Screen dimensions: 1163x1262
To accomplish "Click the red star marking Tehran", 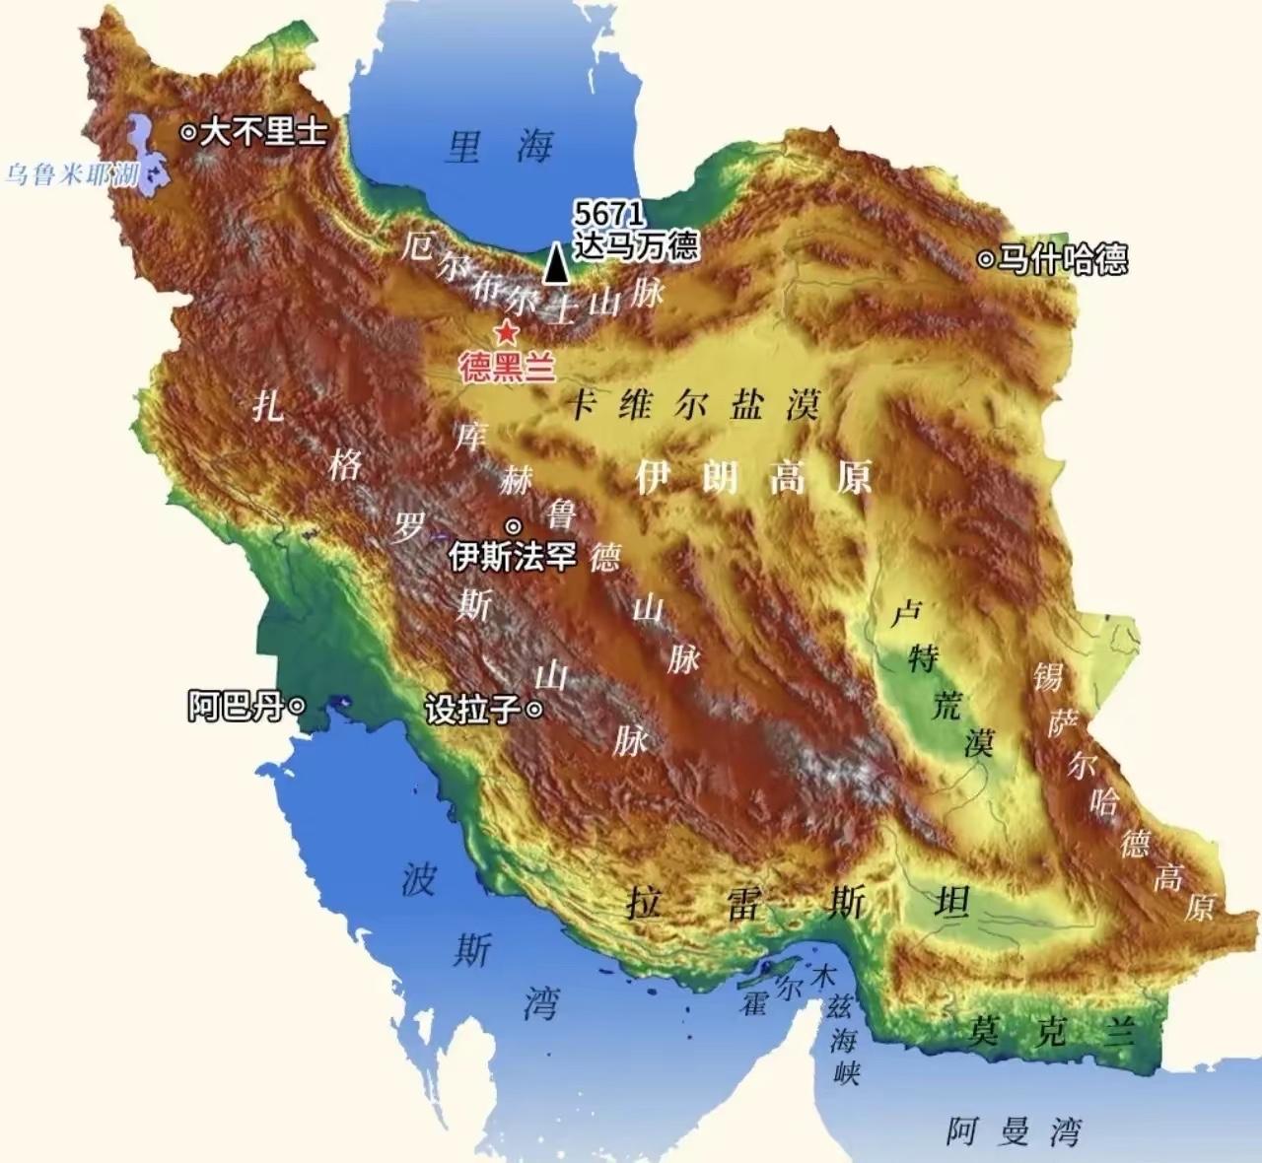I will pos(507,332).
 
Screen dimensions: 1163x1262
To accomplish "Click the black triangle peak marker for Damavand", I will pos(557,263).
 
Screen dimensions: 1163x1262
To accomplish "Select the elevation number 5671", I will pos(610,214).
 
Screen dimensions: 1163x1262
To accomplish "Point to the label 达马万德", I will pos(636,244).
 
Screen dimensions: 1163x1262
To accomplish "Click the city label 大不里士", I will pos(263,132).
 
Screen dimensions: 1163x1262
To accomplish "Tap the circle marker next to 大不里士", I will pos(188,132).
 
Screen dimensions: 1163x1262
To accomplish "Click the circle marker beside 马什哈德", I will pos(985,260).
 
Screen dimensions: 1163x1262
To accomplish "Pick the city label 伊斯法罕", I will pos(512,557).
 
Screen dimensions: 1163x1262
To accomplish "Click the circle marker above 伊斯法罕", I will pos(513,525).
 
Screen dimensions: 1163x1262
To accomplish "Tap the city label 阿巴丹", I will pos(235,707).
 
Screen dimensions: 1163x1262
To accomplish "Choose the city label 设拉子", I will pos(472,710).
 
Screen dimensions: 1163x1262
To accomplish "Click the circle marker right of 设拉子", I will pos(534,709).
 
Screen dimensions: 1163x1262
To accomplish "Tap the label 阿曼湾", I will pos(1013,1131).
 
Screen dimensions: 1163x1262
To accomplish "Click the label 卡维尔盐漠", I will pos(695,404).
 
